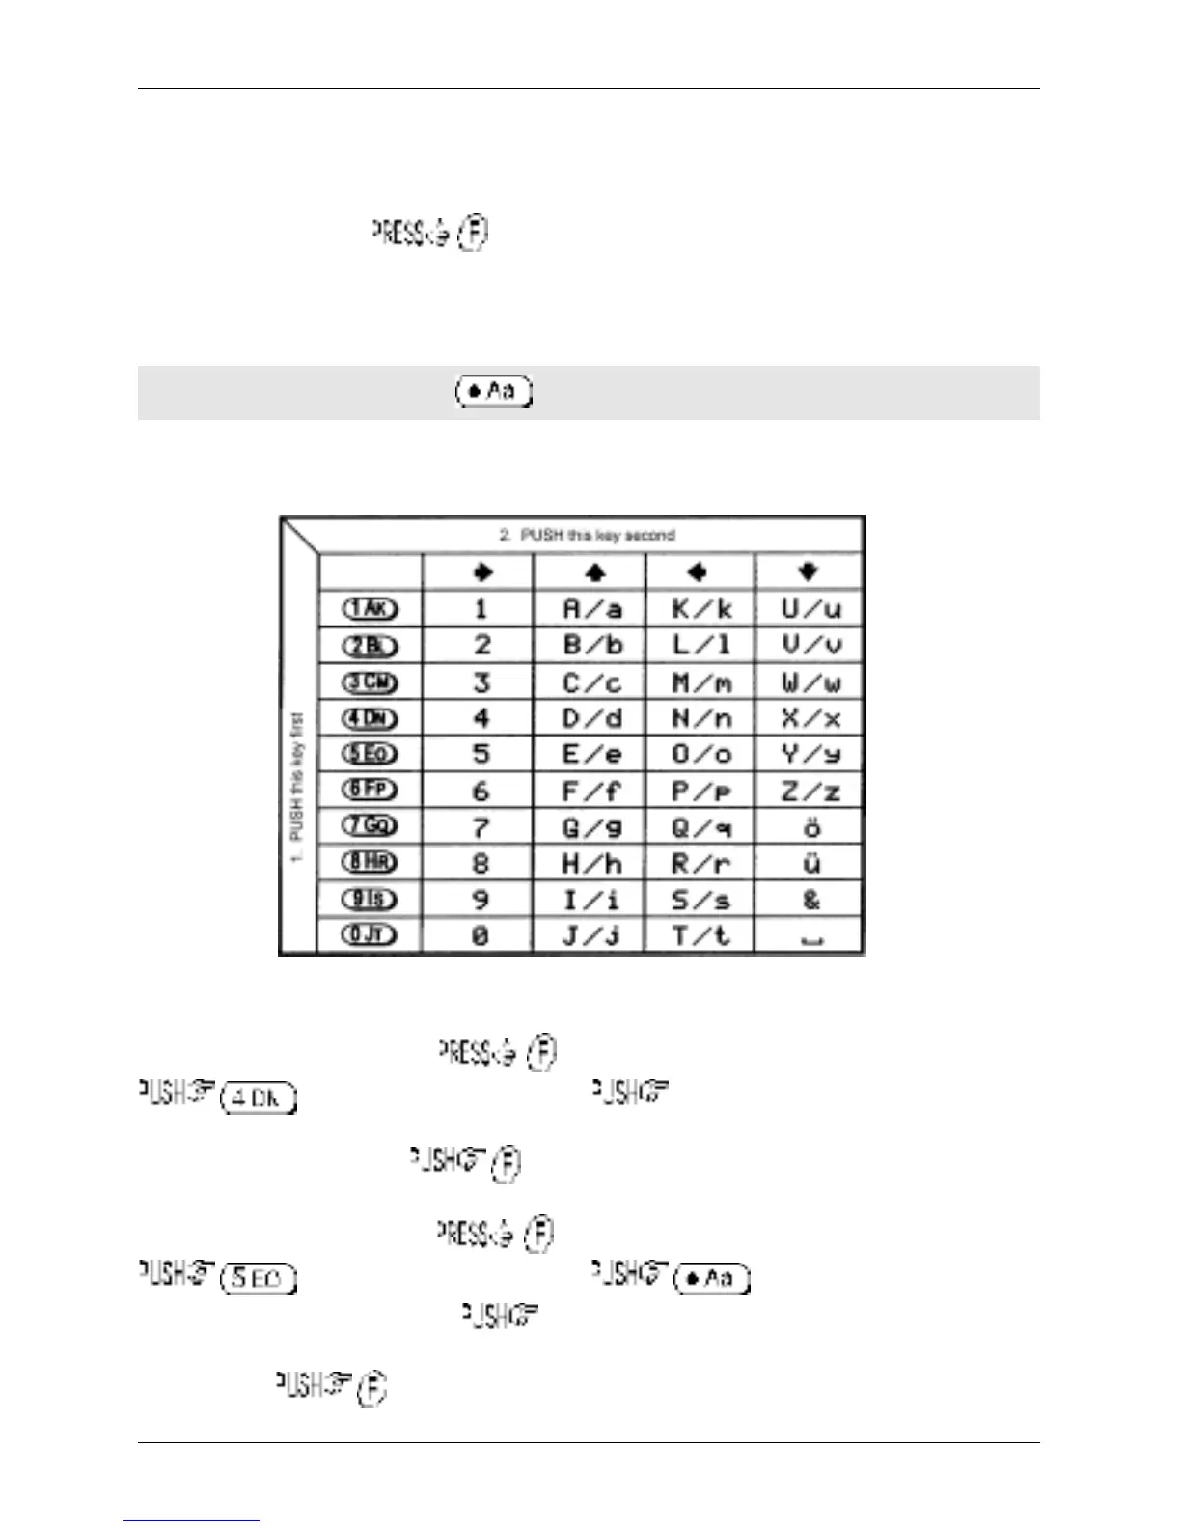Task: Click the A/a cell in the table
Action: (591, 609)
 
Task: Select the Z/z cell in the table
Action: (810, 792)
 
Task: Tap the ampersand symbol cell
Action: (810, 900)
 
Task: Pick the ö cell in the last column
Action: (810, 827)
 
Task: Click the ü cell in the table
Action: (810, 863)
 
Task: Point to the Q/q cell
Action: (701, 827)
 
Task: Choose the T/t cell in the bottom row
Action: (701, 935)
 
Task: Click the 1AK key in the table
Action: (371, 609)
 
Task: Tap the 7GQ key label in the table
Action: (371, 826)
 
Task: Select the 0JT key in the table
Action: (371, 934)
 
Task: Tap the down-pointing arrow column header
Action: (809, 571)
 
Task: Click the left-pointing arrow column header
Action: (698, 572)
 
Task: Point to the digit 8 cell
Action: (481, 863)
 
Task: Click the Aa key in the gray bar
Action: (494, 392)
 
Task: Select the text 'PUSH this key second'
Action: (587, 535)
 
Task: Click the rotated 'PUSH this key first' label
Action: (297, 787)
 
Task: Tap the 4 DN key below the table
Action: (258, 1098)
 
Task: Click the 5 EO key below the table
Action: (258, 1278)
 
